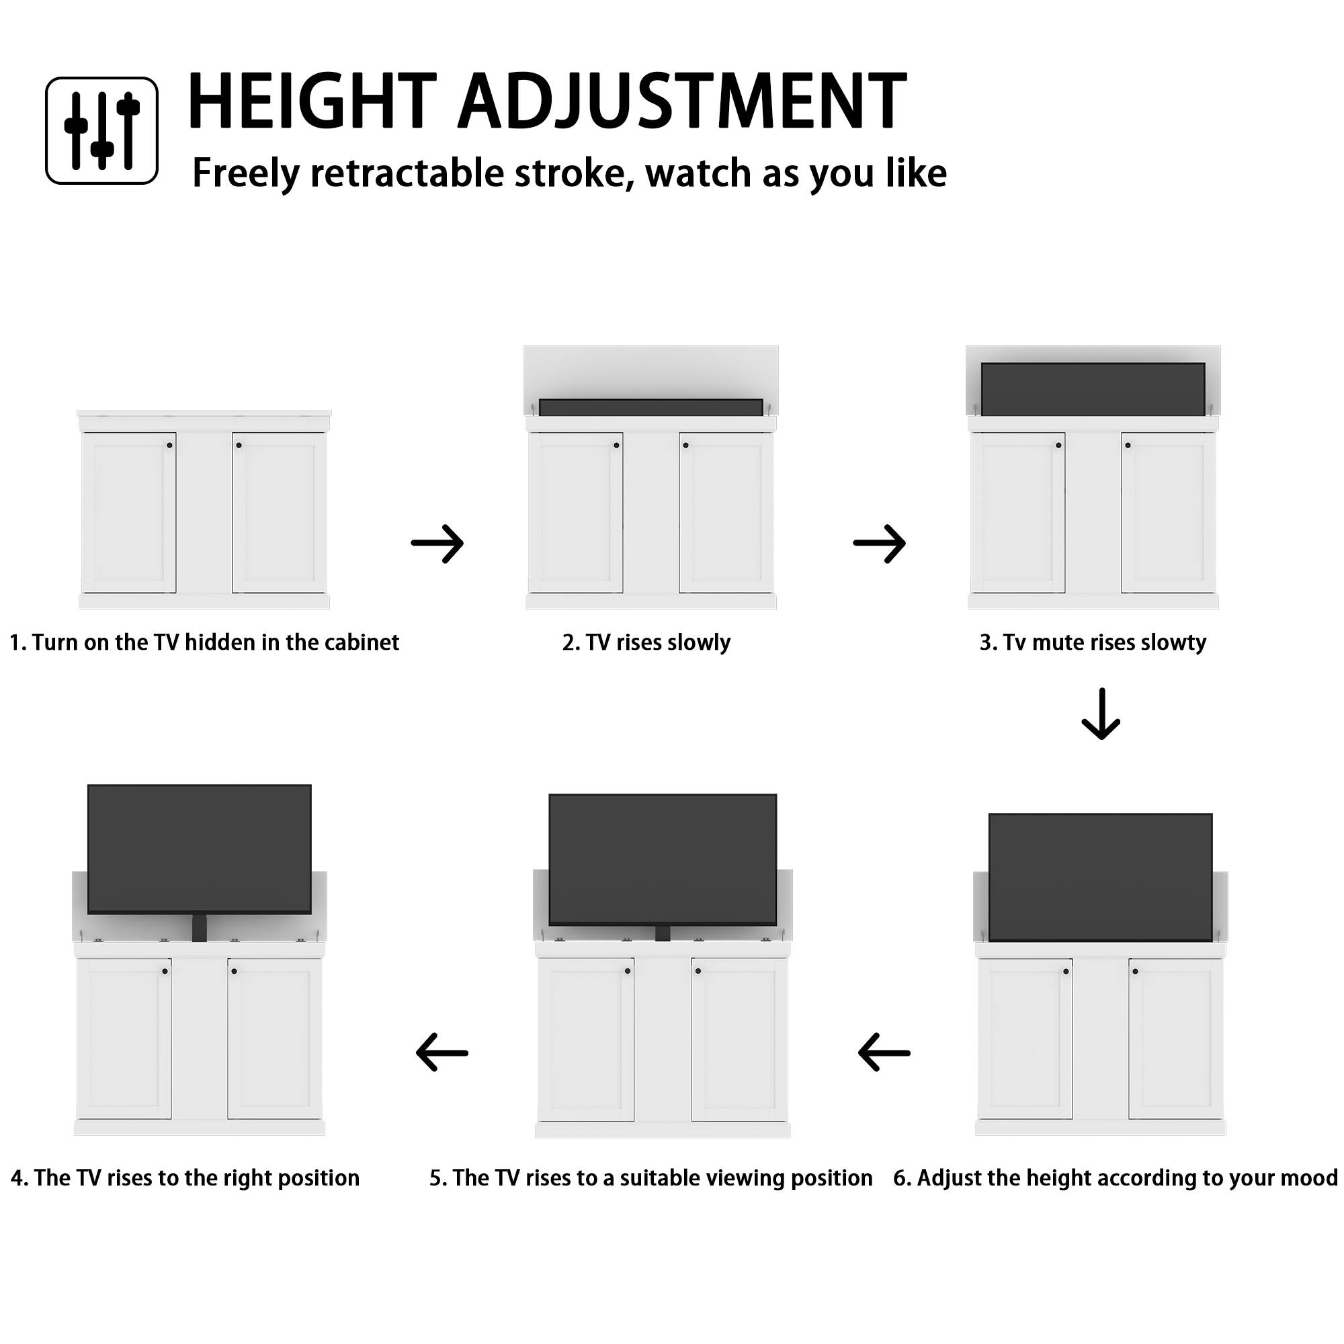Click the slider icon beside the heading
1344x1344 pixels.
(101, 130)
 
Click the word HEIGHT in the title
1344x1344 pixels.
(311, 101)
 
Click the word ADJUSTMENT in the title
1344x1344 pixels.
(681, 101)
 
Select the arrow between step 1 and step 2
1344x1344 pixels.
(437, 543)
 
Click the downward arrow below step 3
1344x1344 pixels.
(1101, 714)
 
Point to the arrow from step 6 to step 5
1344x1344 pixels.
(884, 1052)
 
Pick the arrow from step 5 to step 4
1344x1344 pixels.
(442, 1052)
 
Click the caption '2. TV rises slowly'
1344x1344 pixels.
(646, 642)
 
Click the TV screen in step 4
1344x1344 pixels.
(199, 849)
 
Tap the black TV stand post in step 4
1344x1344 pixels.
(199, 929)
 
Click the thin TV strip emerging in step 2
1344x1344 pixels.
(650, 408)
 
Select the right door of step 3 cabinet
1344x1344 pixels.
(1168, 513)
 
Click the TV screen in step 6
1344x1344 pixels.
(1100, 876)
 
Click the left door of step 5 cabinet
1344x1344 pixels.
(586, 1040)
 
